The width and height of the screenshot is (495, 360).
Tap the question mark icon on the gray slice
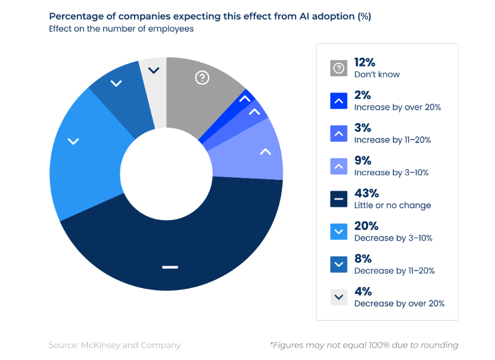coord(203,77)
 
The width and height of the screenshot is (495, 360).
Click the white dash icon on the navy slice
coord(170,266)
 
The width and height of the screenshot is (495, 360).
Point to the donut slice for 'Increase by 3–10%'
coord(256,152)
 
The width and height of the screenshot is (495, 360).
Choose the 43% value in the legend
coord(367,194)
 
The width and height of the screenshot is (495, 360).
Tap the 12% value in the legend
coord(365,63)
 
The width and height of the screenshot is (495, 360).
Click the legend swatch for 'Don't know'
coord(338,68)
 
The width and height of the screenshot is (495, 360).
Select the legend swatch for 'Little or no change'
coord(338,199)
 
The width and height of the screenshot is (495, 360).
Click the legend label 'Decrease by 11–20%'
coord(394,271)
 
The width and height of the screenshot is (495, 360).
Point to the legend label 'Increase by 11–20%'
coord(392,139)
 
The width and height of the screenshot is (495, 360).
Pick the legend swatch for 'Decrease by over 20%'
coord(338,297)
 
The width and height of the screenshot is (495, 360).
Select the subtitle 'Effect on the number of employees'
coord(121,29)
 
